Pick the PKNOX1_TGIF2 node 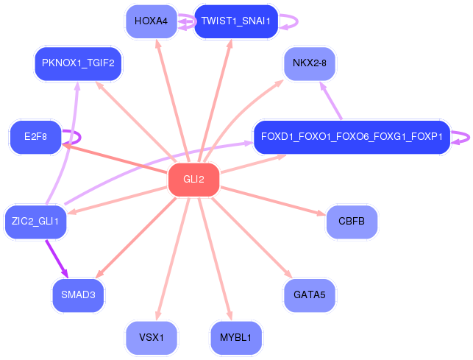pyautogui.click(x=78, y=63)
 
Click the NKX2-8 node pyautogui.click(x=309, y=63)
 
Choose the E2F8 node pyautogui.click(x=35, y=137)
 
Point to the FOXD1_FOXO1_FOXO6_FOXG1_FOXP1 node pyautogui.click(x=352, y=137)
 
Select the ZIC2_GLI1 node pyautogui.click(x=35, y=221)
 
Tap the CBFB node pyautogui.click(x=352, y=222)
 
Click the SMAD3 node pyautogui.click(x=78, y=295)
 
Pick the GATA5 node pyautogui.click(x=309, y=295)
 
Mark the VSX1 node pyautogui.click(x=152, y=337)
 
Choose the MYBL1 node pyautogui.click(x=235, y=337)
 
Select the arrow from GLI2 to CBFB pyautogui.click(x=272, y=201)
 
